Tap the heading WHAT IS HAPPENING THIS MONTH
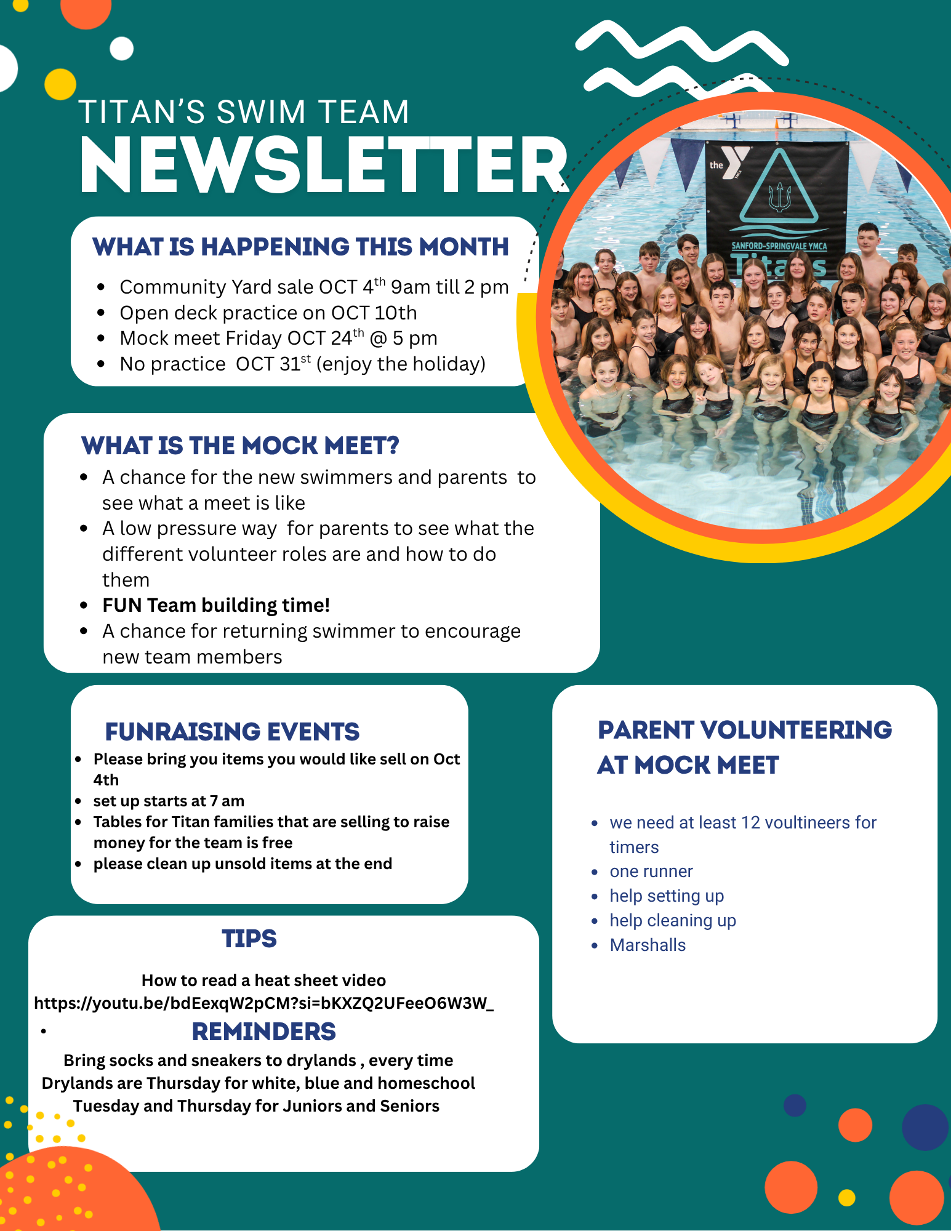[x=300, y=247]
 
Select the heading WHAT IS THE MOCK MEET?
[x=240, y=446]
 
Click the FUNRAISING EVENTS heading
[x=232, y=732]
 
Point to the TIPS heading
[x=249, y=939]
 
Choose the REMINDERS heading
[x=263, y=1032]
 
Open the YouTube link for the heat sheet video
[x=263, y=1003]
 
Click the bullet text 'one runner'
[x=651, y=872]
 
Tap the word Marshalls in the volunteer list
[x=648, y=945]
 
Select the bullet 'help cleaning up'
[x=673, y=921]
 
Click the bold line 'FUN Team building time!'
[x=216, y=606]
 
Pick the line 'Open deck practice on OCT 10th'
[x=268, y=313]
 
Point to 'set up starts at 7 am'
[x=169, y=801]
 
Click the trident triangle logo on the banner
[x=779, y=191]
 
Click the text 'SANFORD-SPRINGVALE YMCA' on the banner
[x=779, y=246]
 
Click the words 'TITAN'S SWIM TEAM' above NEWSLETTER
[x=244, y=112]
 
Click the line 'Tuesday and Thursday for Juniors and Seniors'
[x=256, y=1106]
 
